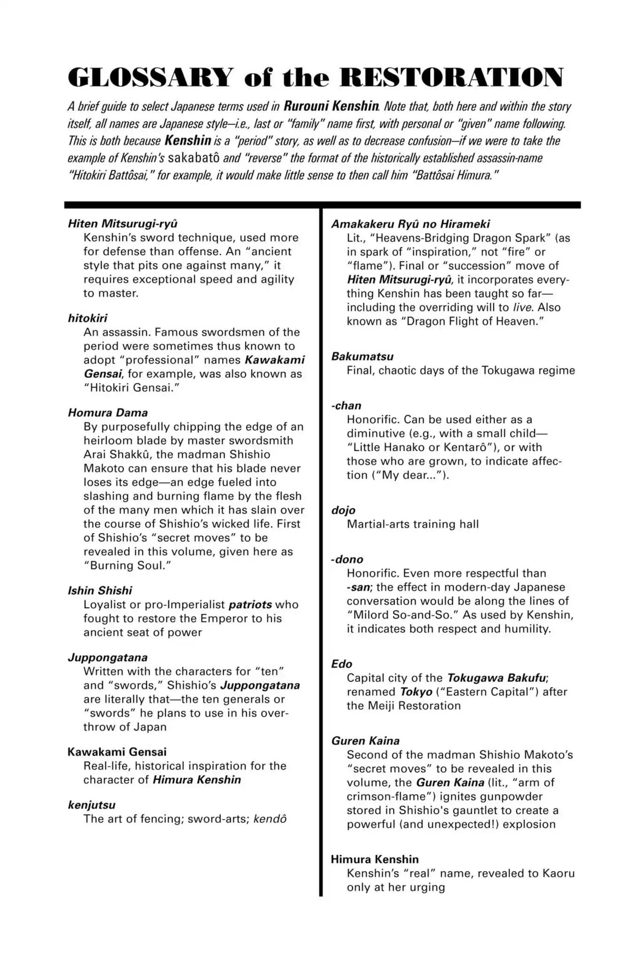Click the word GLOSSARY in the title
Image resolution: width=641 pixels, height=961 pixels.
click(150, 77)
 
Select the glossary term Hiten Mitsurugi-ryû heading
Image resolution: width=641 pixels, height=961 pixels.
click(123, 224)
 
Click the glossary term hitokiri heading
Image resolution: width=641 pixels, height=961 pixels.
click(88, 318)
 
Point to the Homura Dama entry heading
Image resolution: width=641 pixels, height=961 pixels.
click(108, 413)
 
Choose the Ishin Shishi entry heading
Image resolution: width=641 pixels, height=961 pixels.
click(100, 591)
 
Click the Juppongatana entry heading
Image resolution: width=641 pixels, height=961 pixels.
click(108, 657)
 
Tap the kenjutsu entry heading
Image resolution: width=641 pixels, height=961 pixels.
click(92, 805)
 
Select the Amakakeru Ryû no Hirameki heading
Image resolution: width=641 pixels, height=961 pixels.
click(411, 224)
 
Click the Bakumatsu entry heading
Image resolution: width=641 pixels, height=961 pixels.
click(363, 357)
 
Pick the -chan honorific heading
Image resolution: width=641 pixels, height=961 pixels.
click(347, 406)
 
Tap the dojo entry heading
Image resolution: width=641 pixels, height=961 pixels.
click(343, 511)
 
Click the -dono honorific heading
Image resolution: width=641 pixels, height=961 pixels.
click(348, 559)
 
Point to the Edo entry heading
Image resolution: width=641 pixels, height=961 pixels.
click(342, 664)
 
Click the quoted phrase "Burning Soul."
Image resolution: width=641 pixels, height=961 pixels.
click(127, 565)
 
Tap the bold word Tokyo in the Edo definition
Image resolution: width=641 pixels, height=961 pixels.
click(416, 692)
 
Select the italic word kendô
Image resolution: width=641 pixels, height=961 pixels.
click(270, 819)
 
